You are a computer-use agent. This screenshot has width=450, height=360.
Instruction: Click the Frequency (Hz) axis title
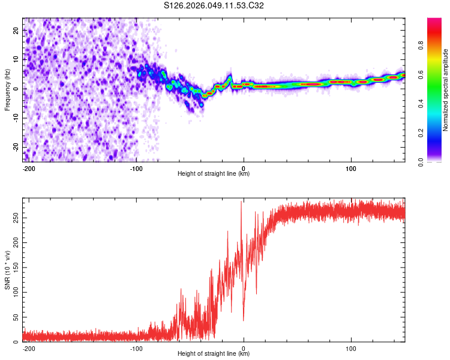[x=8, y=89]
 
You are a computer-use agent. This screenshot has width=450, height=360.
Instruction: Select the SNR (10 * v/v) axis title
[x=8, y=269]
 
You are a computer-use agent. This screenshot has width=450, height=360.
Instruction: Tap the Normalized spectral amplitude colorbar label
[x=446, y=90]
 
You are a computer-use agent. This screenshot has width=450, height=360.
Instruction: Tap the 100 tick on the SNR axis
[x=14, y=290]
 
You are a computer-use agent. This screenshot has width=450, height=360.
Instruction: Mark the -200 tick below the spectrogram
[x=29, y=168]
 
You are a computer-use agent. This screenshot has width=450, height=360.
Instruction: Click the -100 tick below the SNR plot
[x=136, y=348]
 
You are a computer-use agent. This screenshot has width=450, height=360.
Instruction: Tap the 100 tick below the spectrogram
[x=351, y=168]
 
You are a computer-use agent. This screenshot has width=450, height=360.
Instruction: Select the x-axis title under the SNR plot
[x=214, y=354]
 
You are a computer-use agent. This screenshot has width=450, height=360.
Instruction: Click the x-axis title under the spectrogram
[x=214, y=174]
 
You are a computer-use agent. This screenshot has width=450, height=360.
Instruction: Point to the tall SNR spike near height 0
[x=241, y=202]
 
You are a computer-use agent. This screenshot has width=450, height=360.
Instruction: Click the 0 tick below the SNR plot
[x=244, y=348]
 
